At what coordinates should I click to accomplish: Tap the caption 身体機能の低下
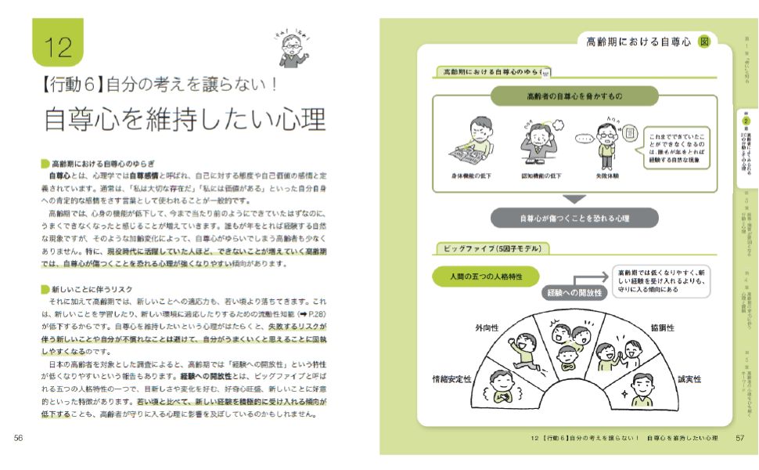(x=474, y=176)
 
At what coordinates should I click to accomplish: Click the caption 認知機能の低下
(x=541, y=176)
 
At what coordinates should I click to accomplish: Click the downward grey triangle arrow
(x=575, y=199)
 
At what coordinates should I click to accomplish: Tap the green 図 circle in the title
(x=704, y=42)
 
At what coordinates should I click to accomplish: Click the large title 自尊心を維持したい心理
(x=185, y=118)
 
